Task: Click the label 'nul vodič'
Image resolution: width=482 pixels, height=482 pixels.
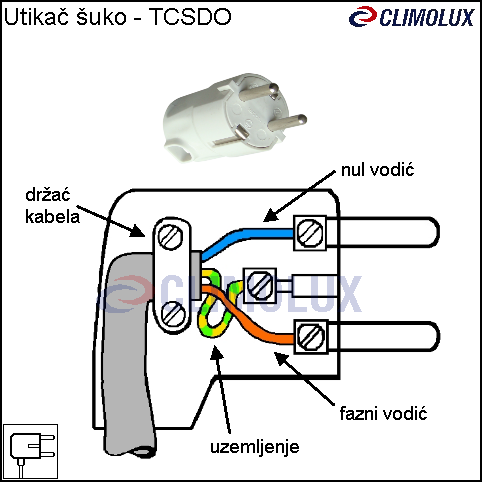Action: [x=377, y=170]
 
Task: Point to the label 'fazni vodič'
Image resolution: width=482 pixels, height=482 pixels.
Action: [x=383, y=414]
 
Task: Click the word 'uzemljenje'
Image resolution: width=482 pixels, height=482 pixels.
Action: [x=255, y=447]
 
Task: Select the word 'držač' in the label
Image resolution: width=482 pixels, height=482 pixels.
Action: [x=48, y=195]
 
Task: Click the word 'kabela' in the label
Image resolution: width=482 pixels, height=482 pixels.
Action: [x=52, y=217]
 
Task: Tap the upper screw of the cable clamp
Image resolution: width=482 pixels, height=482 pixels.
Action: [x=170, y=236]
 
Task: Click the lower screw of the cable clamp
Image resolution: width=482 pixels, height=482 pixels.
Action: [x=173, y=314]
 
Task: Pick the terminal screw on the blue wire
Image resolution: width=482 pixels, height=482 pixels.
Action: [x=310, y=233]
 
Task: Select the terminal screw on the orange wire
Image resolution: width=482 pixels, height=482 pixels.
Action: [x=311, y=337]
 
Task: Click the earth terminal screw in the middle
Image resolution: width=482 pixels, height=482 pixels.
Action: [x=260, y=286]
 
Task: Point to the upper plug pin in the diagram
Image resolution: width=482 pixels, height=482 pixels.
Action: [x=383, y=232]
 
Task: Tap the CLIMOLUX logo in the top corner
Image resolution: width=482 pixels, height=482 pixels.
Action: [x=411, y=17]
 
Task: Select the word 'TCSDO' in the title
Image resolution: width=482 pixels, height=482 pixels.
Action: [x=190, y=17]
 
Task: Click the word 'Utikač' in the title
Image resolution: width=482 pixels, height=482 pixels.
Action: [x=37, y=17]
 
